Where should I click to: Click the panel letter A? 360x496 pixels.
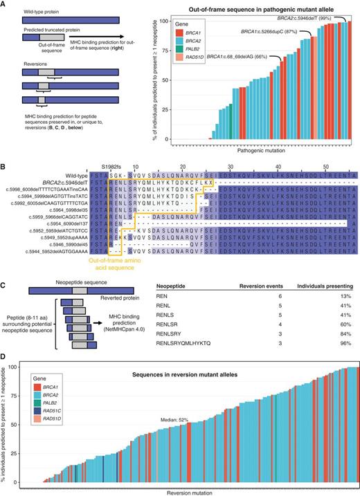point(4,4)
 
